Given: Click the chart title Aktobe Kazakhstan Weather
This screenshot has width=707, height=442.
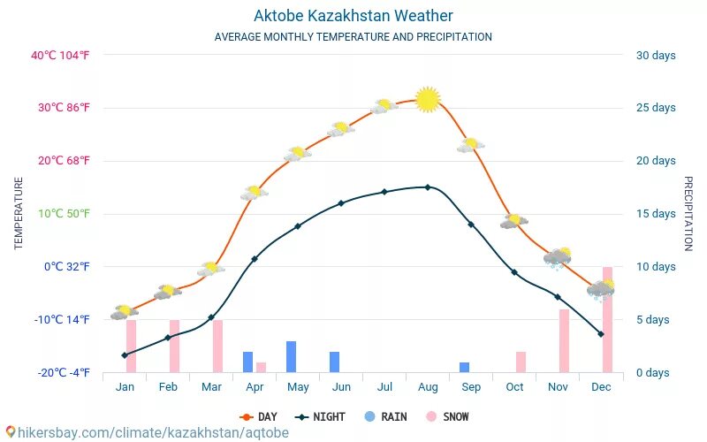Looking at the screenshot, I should [353, 16].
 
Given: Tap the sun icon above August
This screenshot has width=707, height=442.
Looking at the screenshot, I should [428, 100].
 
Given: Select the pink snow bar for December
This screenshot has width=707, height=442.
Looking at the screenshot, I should [607, 319].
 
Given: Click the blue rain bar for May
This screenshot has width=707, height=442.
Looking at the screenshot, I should [291, 356].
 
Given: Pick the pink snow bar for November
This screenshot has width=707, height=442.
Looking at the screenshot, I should [564, 340].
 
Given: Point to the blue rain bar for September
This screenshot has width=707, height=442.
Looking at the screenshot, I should [464, 367].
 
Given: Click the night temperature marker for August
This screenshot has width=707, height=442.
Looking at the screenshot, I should [428, 187].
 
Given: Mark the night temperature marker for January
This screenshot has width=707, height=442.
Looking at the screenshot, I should [125, 355].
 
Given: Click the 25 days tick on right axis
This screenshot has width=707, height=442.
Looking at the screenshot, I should [656, 108].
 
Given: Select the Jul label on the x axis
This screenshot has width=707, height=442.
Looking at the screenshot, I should [384, 387].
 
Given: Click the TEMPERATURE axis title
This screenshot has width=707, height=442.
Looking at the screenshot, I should [19, 213].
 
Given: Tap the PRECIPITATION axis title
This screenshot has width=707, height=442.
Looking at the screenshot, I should [688, 213].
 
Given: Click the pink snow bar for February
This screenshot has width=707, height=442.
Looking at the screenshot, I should [174, 346].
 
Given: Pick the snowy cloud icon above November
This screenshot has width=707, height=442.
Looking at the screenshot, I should [558, 257].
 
